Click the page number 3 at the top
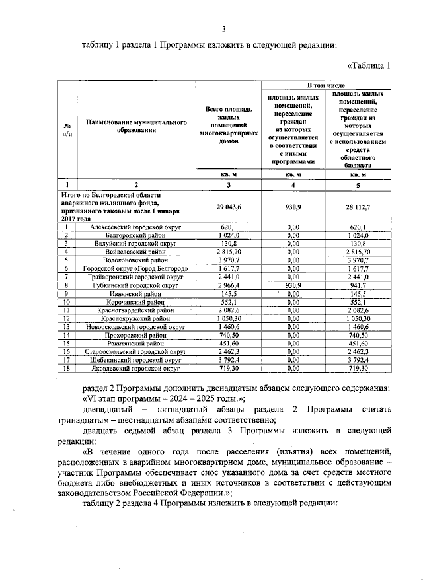(223, 28)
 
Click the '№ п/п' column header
(67, 128)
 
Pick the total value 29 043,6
(229, 207)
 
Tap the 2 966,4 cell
(229, 285)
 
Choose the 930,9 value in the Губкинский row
(293, 285)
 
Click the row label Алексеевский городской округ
(136, 227)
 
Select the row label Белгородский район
(136, 235)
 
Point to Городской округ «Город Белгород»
(136, 268)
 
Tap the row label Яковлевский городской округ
(136, 369)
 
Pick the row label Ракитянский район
(136, 344)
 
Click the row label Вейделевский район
(136, 252)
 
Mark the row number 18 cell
(67, 369)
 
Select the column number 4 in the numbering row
(293, 184)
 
